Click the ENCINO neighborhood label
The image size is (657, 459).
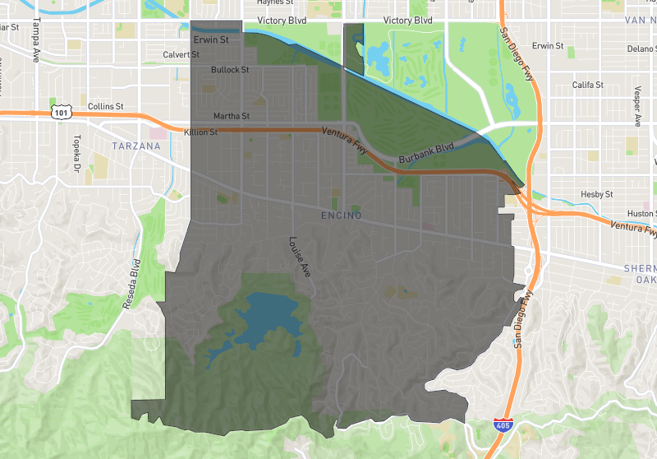pyautogui.click(x=342, y=216)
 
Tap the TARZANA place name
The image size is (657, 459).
pyautogui.click(x=136, y=146)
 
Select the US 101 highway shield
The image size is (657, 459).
pyautogui.click(x=60, y=112)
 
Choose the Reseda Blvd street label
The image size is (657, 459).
pyautogui.click(x=132, y=284)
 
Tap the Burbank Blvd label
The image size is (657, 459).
pyautogui.click(x=426, y=152)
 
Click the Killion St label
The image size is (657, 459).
pyautogui.click(x=201, y=132)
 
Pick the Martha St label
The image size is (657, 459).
pyautogui.click(x=231, y=116)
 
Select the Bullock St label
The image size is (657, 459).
pyautogui.click(x=230, y=70)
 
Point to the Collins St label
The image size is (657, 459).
pyautogui.click(x=105, y=106)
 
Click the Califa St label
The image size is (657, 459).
pyautogui.click(x=588, y=85)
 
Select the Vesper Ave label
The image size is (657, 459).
pyautogui.click(x=637, y=108)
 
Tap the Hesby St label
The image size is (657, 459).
pyautogui.click(x=597, y=194)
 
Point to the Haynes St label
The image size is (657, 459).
pyautogui.click(x=275, y=2)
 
